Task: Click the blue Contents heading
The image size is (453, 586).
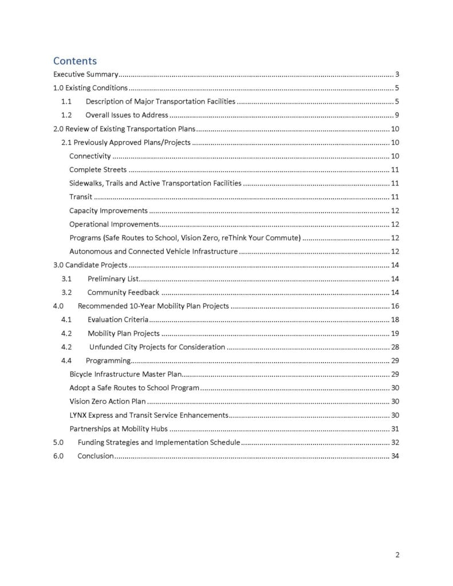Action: [x=75, y=61]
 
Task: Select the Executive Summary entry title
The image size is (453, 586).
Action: [x=86, y=74]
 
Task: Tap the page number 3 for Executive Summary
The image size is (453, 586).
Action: [x=397, y=74]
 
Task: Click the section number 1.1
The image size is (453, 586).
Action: [x=66, y=101]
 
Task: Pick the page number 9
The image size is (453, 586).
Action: [x=397, y=115]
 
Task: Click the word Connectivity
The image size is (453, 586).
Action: [x=89, y=156]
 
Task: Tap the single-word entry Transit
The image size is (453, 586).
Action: [x=81, y=197]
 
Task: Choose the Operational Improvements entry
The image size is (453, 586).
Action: [x=114, y=224]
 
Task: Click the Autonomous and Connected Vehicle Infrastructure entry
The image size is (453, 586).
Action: [x=153, y=251]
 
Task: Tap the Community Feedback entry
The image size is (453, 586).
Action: [x=123, y=292]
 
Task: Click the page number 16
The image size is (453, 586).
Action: [x=395, y=306]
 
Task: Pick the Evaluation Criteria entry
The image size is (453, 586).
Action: [x=117, y=319]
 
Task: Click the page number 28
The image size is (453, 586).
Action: [x=395, y=347]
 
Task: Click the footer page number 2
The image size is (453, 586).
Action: [x=397, y=554]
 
